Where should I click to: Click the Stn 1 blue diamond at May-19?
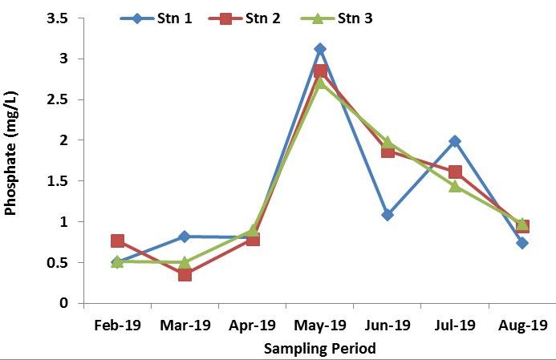pos(320,50)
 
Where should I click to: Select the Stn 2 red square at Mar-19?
pos(185,274)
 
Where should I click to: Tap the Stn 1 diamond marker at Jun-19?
pos(388,215)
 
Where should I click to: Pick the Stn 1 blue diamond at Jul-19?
pos(455,141)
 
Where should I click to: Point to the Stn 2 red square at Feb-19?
pos(117,241)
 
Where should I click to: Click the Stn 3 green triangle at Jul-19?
pos(455,186)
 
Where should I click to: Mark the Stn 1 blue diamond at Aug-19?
pos(522,243)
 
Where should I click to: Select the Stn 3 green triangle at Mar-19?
pos(185,262)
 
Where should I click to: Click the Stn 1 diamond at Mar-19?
pos(185,237)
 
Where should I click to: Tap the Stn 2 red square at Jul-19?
pos(455,172)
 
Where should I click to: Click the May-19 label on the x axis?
pos(319,326)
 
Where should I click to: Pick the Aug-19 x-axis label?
pos(522,326)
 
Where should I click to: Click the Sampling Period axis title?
pos(319,348)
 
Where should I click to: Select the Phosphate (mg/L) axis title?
pos(11,161)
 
